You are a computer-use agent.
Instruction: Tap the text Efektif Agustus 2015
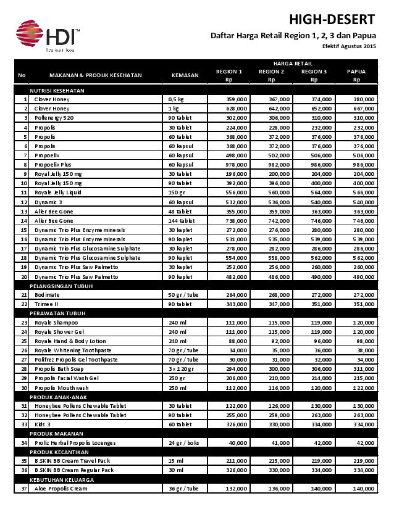click(348, 47)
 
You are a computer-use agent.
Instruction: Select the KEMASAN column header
click(185, 75)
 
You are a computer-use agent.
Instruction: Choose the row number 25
click(24, 341)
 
